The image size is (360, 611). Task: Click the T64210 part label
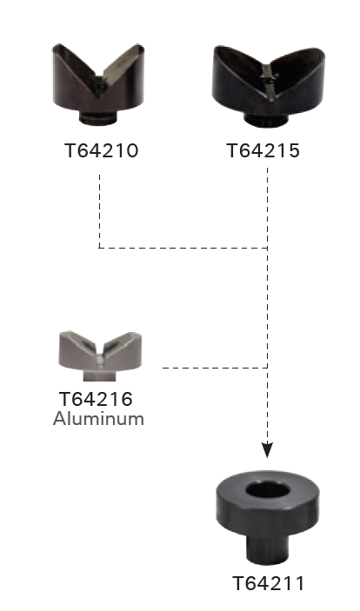click(102, 150)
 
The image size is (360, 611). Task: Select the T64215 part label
click(263, 150)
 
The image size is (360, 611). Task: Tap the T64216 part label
click(96, 399)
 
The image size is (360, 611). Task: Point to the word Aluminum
click(98, 419)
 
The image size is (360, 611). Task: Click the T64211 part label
click(269, 583)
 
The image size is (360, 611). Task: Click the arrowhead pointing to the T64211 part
click(267, 450)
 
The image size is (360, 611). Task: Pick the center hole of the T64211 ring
click(268, 490)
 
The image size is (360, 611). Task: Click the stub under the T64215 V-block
click(264, 119)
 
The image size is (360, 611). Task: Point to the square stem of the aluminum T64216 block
click(100, 375)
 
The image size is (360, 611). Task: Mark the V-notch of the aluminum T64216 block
click(100, 353)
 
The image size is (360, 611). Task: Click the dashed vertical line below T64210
click(99, 211)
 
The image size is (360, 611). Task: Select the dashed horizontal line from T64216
click(215, 368)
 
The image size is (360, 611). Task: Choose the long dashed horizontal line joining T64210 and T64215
click(183, 248)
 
